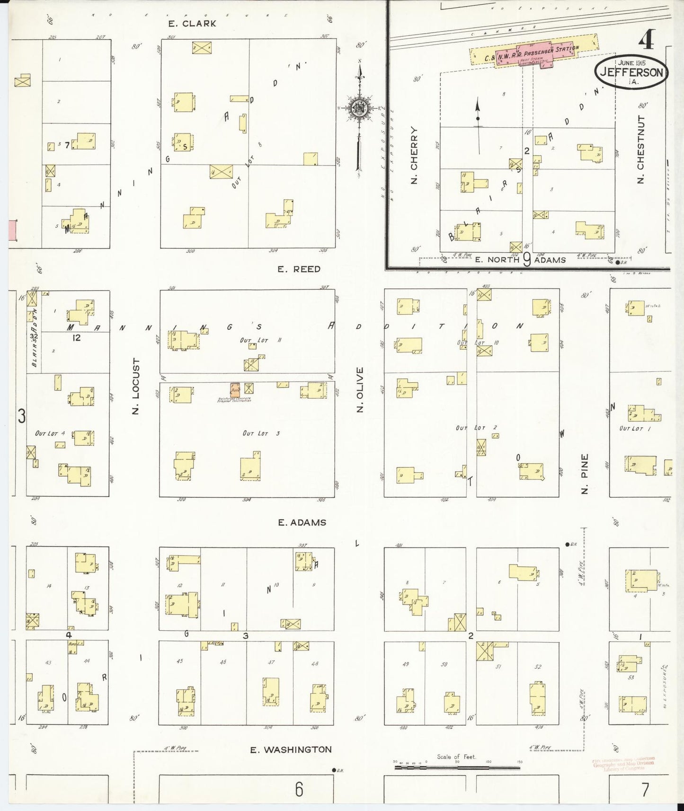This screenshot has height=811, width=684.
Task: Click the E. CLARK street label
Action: [x=192, y=24]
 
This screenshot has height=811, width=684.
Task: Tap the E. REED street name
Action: [x=299, y=269]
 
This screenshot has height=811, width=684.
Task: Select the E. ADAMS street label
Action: [x=302, y=522]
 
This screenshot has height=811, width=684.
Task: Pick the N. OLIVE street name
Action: [x=360, y=389]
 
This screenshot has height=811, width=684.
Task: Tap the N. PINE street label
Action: [x=585, y=474]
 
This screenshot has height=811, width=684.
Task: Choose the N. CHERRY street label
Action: [x=414, y=155]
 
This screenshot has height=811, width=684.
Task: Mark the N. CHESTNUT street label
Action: [x=641, y=149]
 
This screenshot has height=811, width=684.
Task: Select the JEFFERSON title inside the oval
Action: [x=631, y=72]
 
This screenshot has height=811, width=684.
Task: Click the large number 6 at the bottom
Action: [x=299, y=789]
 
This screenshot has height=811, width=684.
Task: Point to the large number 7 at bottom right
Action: [x=645, y=789]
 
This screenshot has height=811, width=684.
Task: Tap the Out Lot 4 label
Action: [x=50, y=433]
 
